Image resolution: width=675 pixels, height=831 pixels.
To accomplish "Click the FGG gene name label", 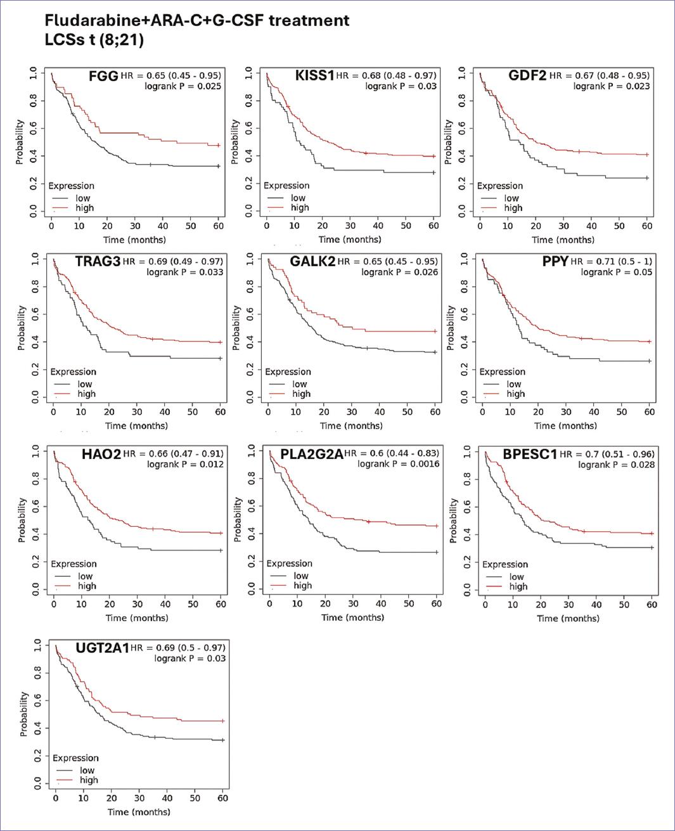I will coord(103,76).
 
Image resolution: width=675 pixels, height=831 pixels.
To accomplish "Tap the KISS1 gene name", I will coord(314,76).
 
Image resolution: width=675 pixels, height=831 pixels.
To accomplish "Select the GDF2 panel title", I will coord(527,76).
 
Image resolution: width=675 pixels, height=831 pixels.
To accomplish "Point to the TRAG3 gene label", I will coord(98,262).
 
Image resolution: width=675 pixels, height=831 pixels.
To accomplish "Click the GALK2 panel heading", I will coord(312,262).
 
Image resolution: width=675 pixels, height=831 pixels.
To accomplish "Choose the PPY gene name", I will coord(555,262).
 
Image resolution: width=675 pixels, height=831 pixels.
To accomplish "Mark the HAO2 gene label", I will coord(101,454).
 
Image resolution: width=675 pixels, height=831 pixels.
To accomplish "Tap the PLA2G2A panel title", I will coord(311,454).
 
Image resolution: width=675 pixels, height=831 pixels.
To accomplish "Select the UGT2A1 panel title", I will coord(103,648).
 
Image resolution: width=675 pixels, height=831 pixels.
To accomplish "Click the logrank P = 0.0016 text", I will coord(397,464).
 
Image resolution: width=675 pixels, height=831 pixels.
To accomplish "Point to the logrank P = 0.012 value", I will coord(185,465).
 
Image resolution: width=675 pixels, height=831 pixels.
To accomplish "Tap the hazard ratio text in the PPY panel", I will coord(611,261).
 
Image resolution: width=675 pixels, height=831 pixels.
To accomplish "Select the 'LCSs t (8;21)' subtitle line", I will coord(94,39).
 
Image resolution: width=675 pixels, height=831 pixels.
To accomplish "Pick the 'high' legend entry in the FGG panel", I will coord(85,208).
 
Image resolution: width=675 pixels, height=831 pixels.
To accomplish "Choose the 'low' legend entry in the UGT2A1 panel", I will coord(87,770).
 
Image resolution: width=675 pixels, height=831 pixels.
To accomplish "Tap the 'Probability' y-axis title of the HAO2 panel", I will coord(22,520).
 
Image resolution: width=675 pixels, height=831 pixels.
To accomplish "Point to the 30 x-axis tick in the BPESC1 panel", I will coord(569,605).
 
